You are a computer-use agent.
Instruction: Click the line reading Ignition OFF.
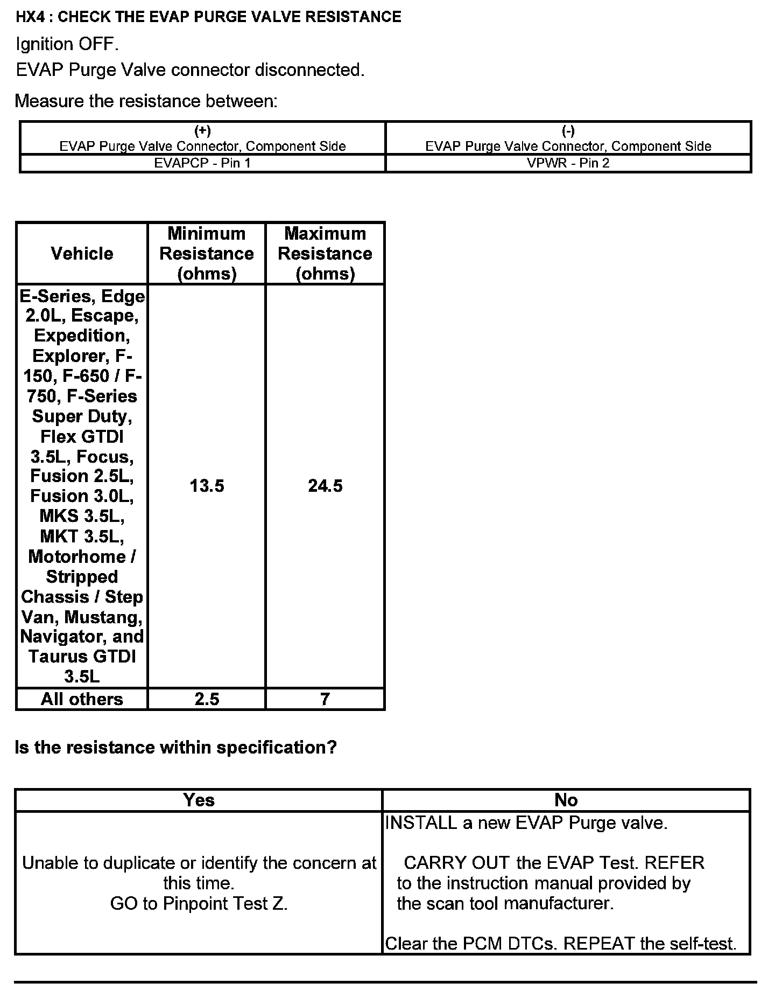pos(67,44)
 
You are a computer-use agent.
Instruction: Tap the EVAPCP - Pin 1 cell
pos(202,163)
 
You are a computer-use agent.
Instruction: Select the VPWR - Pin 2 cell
pos(568,163)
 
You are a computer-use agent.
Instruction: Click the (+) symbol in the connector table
pos(202,131)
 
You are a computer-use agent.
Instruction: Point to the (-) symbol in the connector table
pos(568,131)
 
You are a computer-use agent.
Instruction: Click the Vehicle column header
pos(82,253)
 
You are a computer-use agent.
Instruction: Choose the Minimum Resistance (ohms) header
pos(207,253)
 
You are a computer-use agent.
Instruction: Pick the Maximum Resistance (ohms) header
pos(325,253)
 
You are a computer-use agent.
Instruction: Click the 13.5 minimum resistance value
pos(207,486)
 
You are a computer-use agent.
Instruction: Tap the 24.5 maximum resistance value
pos(325,486)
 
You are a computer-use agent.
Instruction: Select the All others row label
pos(82,699)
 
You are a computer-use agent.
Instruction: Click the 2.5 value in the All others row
pos(207,699)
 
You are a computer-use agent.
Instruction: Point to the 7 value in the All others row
pos(325,699)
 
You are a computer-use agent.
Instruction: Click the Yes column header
pos(199,800)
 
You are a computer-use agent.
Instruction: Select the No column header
pos(566,800)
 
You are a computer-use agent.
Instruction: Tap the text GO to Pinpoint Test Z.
pos(199,903)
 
